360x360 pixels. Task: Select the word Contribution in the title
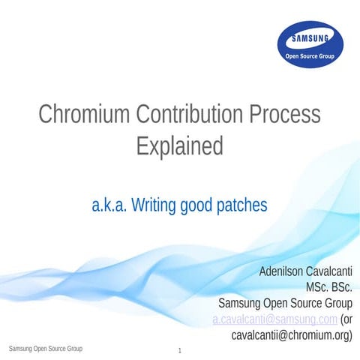190,115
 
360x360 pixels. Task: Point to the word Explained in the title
180,145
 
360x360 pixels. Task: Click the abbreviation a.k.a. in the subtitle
109,205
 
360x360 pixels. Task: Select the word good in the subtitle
200,205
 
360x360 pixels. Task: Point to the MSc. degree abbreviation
315,287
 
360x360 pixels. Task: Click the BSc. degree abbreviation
341,287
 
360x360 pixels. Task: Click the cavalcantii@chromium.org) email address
292,335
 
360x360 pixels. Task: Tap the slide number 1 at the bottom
180,351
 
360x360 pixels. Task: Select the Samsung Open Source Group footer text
45,349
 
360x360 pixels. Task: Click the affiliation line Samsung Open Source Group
285,304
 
